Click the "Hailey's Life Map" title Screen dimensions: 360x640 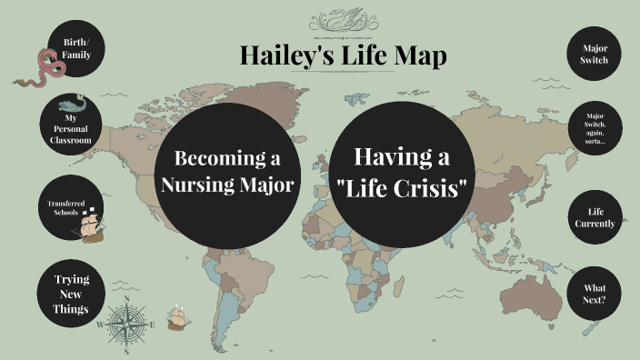[343, 55]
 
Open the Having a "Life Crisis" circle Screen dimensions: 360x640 [403, 172]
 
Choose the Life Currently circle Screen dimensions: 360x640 [595, 217]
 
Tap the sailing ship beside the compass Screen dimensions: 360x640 [178, 317]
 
